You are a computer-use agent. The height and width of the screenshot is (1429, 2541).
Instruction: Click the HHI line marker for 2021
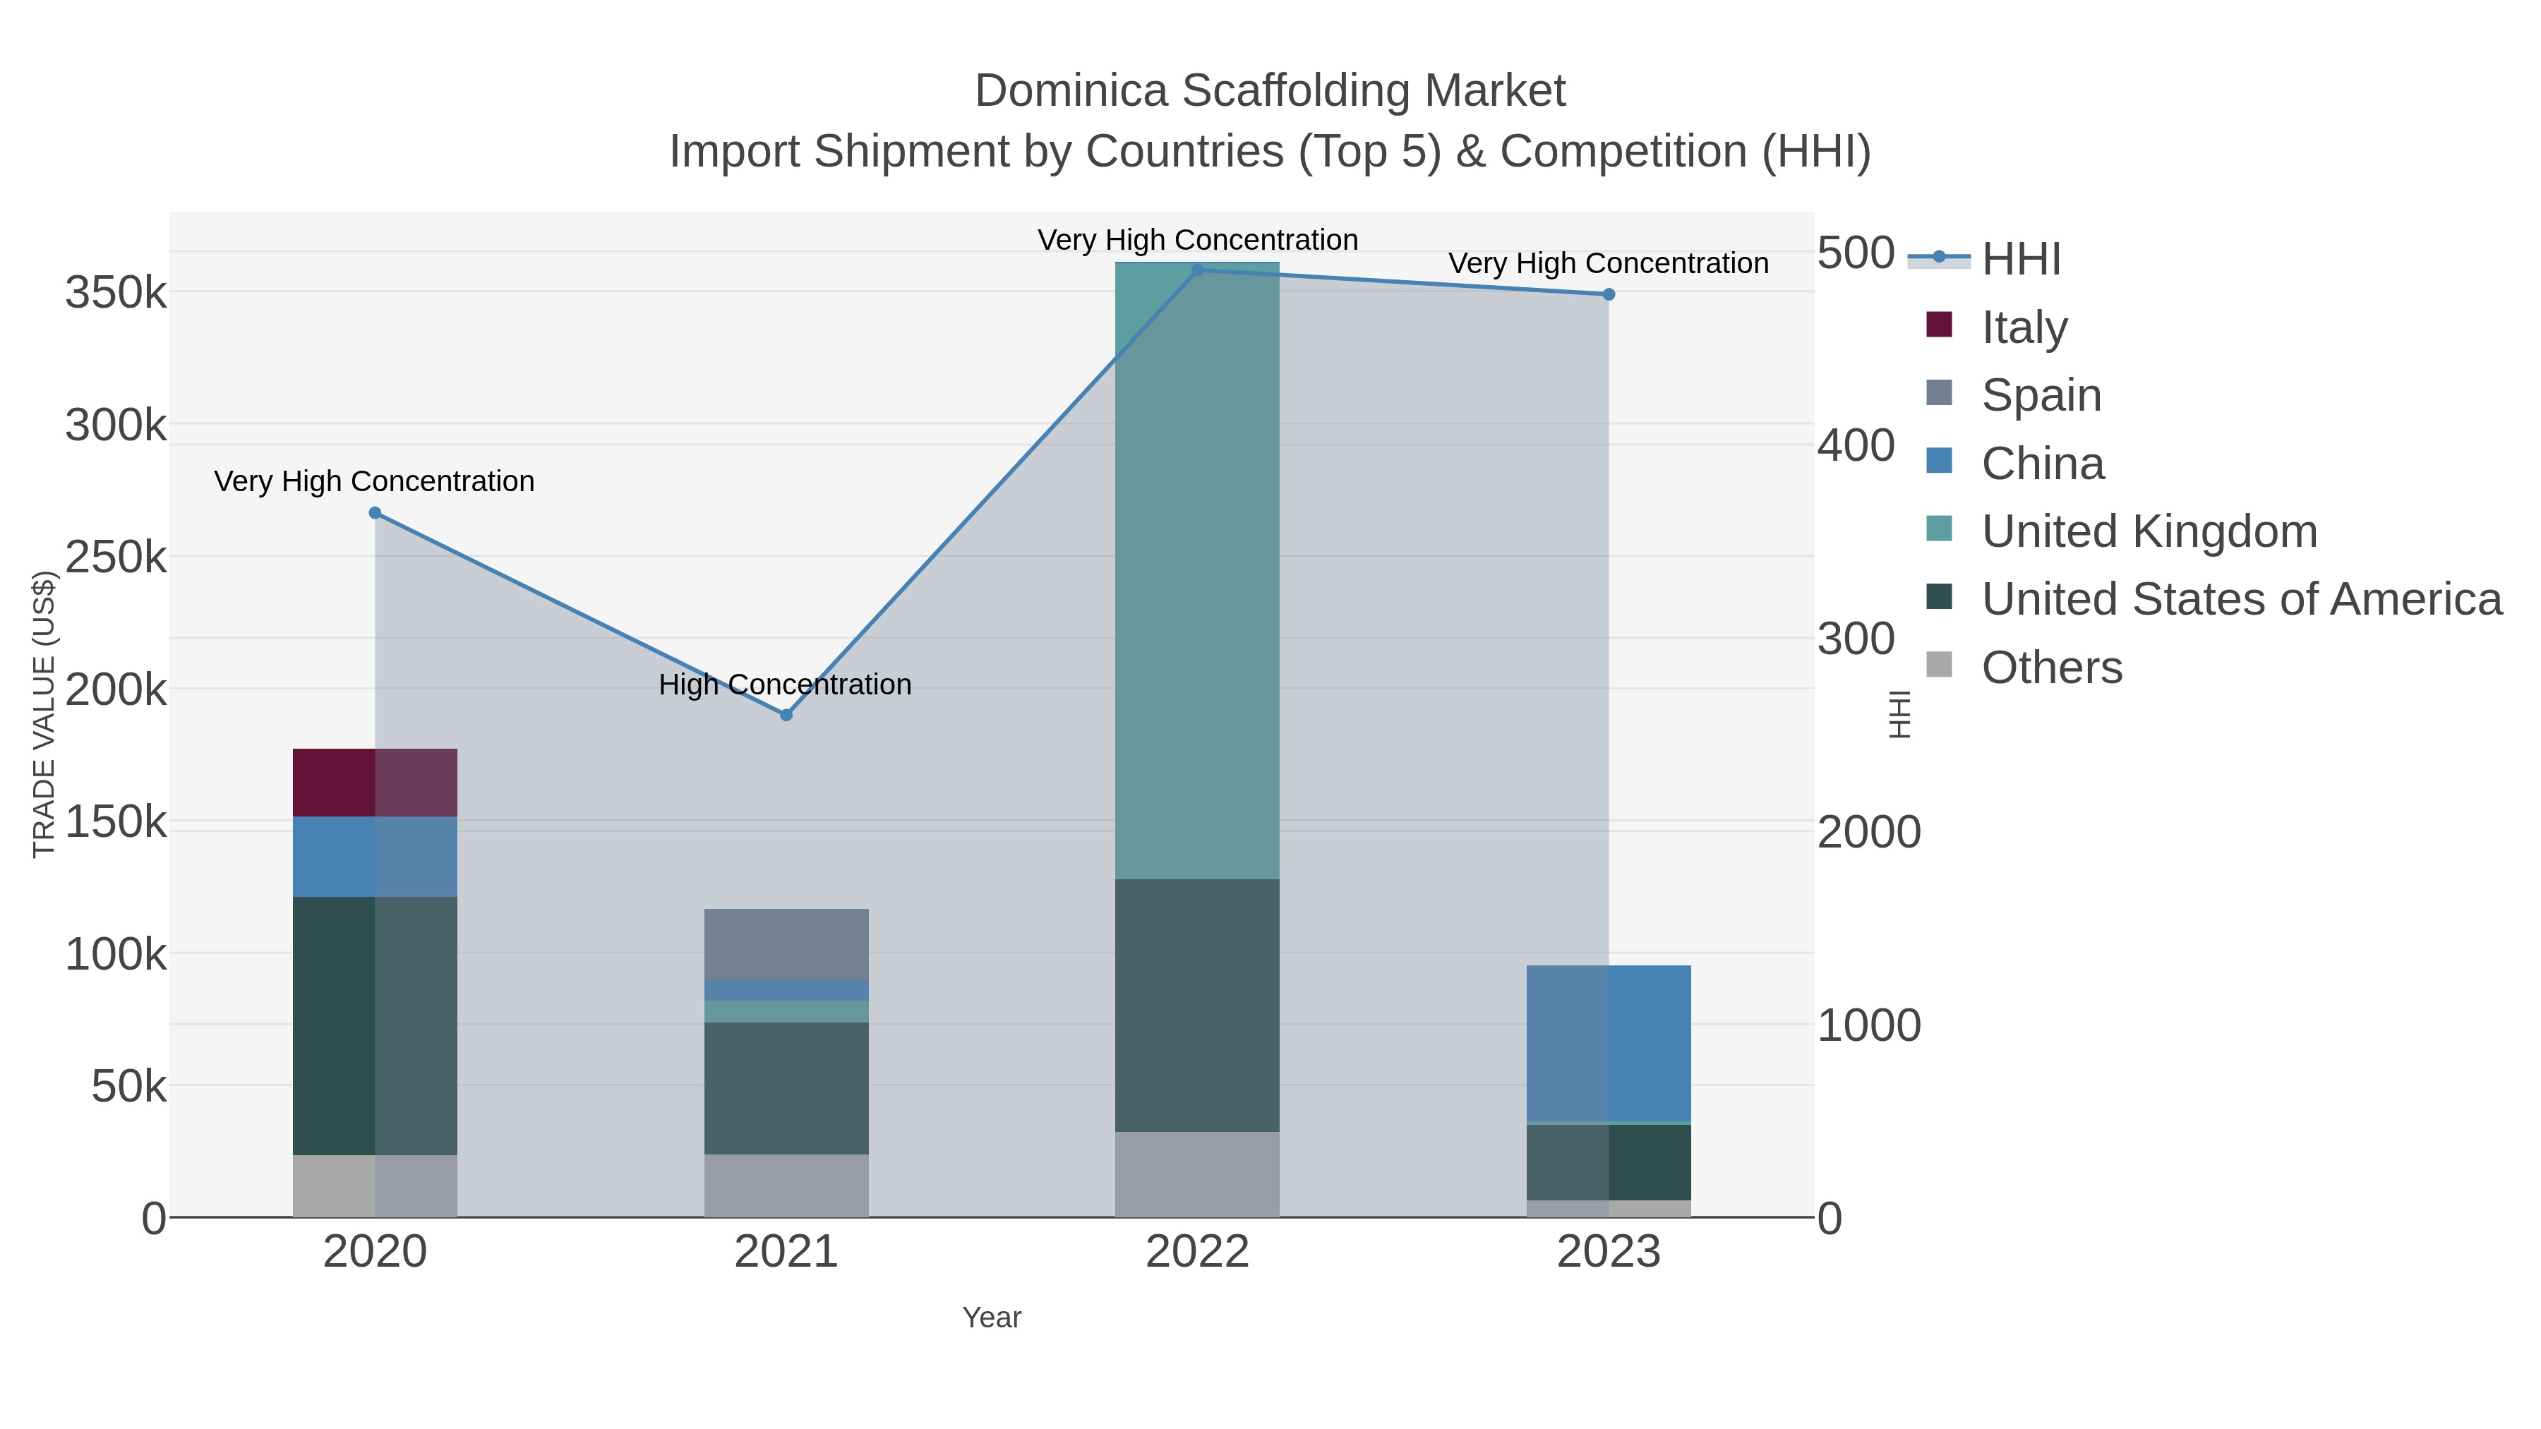click(786, 715)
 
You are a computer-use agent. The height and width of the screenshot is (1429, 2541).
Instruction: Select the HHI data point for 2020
click(375, 513)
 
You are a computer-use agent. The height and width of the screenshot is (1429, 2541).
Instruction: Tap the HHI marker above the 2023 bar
click(1609, 294)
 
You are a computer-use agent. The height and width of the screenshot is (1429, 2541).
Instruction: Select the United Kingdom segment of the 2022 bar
click(1196, 572)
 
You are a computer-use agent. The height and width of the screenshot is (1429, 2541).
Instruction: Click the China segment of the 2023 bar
click(1609, 1044)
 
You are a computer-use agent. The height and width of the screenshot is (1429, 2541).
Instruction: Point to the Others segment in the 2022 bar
click(1196, 1174)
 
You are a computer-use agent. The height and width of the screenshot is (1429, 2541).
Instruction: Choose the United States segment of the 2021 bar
click(786, 1087)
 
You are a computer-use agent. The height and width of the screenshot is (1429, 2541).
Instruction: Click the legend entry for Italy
click(2023, 327)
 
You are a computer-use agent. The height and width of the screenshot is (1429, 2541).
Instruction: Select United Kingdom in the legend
click(2149, 531)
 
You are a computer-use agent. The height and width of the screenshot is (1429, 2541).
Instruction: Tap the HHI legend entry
click(2020, 260)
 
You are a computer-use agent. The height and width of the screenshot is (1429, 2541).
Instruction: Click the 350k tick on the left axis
click(116, 293)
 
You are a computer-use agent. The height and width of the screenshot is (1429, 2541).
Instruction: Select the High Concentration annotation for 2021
click(785, 685)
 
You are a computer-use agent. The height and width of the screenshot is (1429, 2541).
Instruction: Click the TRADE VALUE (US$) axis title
click(44, 714)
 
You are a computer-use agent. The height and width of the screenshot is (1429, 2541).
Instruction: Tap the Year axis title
click(992, 1318)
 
